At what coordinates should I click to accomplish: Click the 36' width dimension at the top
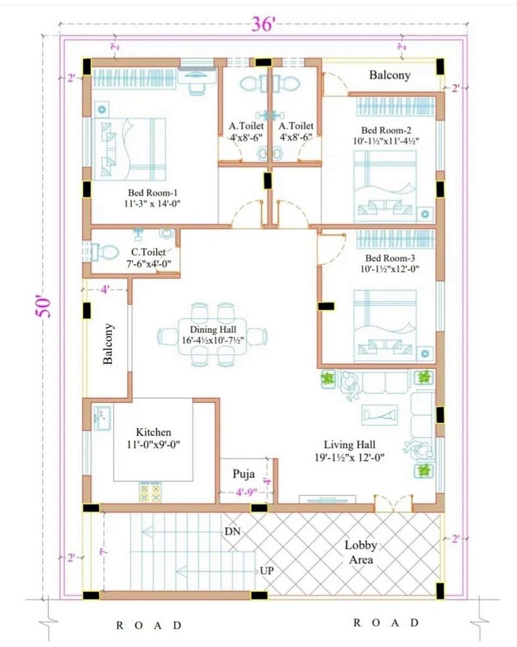coord(263,24)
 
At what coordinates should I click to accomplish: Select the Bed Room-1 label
coord(153,193)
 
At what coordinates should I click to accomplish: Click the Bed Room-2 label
coord(386,130)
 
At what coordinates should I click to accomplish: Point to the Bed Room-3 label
coord(390,258)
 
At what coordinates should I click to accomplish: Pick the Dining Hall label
coord(213,330)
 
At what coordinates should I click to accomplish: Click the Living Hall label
coord(350,445)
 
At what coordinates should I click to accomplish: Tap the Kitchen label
coord(153,432)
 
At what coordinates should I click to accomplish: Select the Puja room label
coord(244,474)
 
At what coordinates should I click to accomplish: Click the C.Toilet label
coord(148,251)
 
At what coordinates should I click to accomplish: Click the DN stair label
coord(232,531)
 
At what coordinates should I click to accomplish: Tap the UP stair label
coord(267,571)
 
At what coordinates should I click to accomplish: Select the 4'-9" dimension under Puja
coord(247,492)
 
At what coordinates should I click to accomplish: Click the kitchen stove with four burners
coord(150,492)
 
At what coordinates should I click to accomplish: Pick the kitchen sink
coord(102,418)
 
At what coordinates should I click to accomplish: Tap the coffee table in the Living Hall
coord(380,414)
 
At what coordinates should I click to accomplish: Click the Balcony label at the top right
coord(389,75)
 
